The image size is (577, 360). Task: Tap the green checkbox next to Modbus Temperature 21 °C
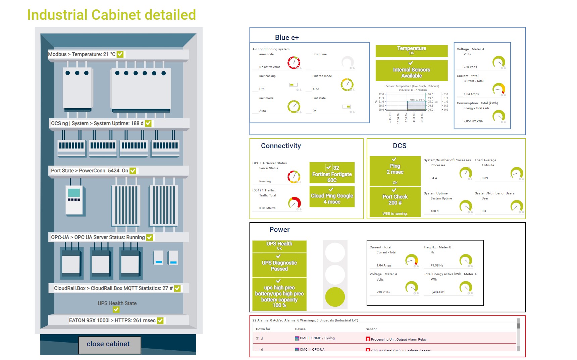click(120, 54)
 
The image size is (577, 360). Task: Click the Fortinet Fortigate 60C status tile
click(332, 173)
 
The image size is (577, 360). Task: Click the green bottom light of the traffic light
click(335, 297)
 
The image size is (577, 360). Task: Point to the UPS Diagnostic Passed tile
click(279, 265)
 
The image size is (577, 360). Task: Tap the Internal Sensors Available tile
click(411, 71)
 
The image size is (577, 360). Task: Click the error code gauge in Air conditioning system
click(294, 62)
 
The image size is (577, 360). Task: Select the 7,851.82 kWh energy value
click(473, 121)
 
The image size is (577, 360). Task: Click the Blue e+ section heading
click(287, 38)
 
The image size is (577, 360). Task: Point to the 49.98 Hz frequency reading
click(437, 265)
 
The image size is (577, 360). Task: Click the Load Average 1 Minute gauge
click(516, 173)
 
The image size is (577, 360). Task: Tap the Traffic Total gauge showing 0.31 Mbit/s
click(294, 203)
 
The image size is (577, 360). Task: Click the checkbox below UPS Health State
click(116, 310)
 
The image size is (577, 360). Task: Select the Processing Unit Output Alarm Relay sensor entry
click(398, 339)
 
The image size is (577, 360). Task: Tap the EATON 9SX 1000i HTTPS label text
click(112, 320)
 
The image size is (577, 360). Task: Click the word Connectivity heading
click(281, 146)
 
